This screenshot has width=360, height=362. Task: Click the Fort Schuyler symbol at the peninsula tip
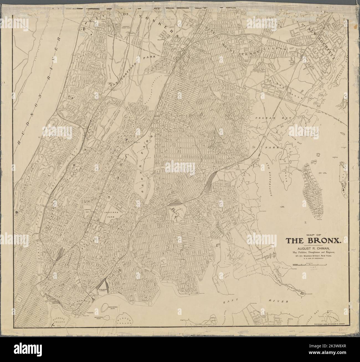point(303,292)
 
